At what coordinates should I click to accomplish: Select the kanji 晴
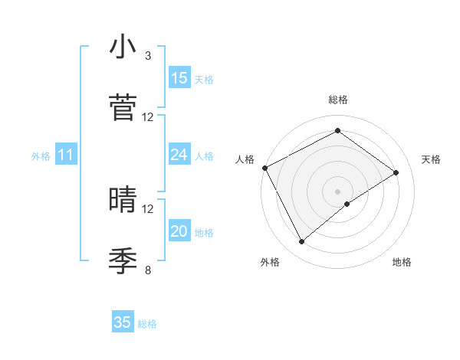pyautogui.click(x=123, y=200)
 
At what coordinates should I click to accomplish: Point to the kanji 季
pyautogui.click(x=123, y=260)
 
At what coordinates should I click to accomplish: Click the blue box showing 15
pyautogui.click(x=179, y=78)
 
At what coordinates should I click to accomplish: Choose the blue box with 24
pyautogui.click(x=179, y=155)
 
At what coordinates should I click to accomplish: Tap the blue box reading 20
pyautogui.click(x=179, y=232)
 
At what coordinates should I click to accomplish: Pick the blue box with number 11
pyautogui.click(x=66, y=155)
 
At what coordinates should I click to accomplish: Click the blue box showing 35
pyautogui.click(x=123, y=322)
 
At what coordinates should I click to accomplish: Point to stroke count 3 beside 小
pyautogui.click(x=148, y=56)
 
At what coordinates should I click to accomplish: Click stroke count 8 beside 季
pyautogui.click(x=148, y=270)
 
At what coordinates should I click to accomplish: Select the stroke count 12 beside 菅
pyautogui.click(x=148, y=117)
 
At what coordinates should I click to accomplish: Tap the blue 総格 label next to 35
pyautogui.click(x=147, y=324)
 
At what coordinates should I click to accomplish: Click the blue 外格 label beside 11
pyautogui.click(x=41, y=156)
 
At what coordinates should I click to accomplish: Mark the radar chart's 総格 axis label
pyautogui.click(x=338, y=100)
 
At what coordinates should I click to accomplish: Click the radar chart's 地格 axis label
pyautogui.click(x=402, y=262)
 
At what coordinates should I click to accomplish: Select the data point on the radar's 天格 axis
pyautogui.click(x=396, y=172)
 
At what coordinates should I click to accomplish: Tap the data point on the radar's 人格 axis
pyautogui.click(x=264, y=168)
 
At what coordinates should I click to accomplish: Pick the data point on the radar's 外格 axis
pyautogui.click(x=302, y=242)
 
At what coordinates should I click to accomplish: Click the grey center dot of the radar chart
pyautogui.click(x=337, y=191)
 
